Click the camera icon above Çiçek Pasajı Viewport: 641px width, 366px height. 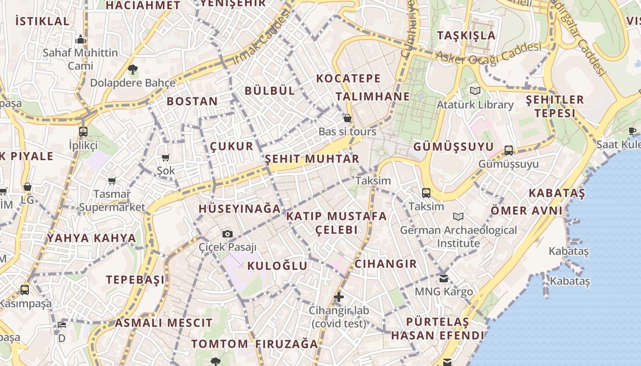(227, 234)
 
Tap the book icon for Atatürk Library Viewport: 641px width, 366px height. (475, 91)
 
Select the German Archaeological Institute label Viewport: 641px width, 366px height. (458, 237)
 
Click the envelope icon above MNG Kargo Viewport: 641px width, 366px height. (444, 278)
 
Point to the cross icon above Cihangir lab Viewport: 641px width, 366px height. (339, 297)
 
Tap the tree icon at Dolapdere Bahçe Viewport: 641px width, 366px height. (133, 70)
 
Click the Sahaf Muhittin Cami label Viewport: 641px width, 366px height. (81, 59)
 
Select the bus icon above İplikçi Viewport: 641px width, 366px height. (83, 132)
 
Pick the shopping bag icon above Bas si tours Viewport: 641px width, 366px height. (348, 118)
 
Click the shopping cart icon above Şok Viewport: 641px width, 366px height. (165, 158)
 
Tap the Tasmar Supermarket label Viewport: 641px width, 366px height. (112, 201)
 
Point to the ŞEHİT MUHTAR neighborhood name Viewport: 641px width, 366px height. (312, 159)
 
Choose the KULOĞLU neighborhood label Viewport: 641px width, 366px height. (277, 266)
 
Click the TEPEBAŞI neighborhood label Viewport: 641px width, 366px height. (135, 280)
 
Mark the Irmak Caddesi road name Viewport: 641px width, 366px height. (261, 38)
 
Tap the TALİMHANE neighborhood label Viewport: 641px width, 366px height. (373, 97)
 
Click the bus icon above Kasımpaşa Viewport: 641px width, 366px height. (25, 290)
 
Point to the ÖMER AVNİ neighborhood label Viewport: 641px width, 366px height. (527, 211)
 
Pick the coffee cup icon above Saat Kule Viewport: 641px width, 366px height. (632, 131)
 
